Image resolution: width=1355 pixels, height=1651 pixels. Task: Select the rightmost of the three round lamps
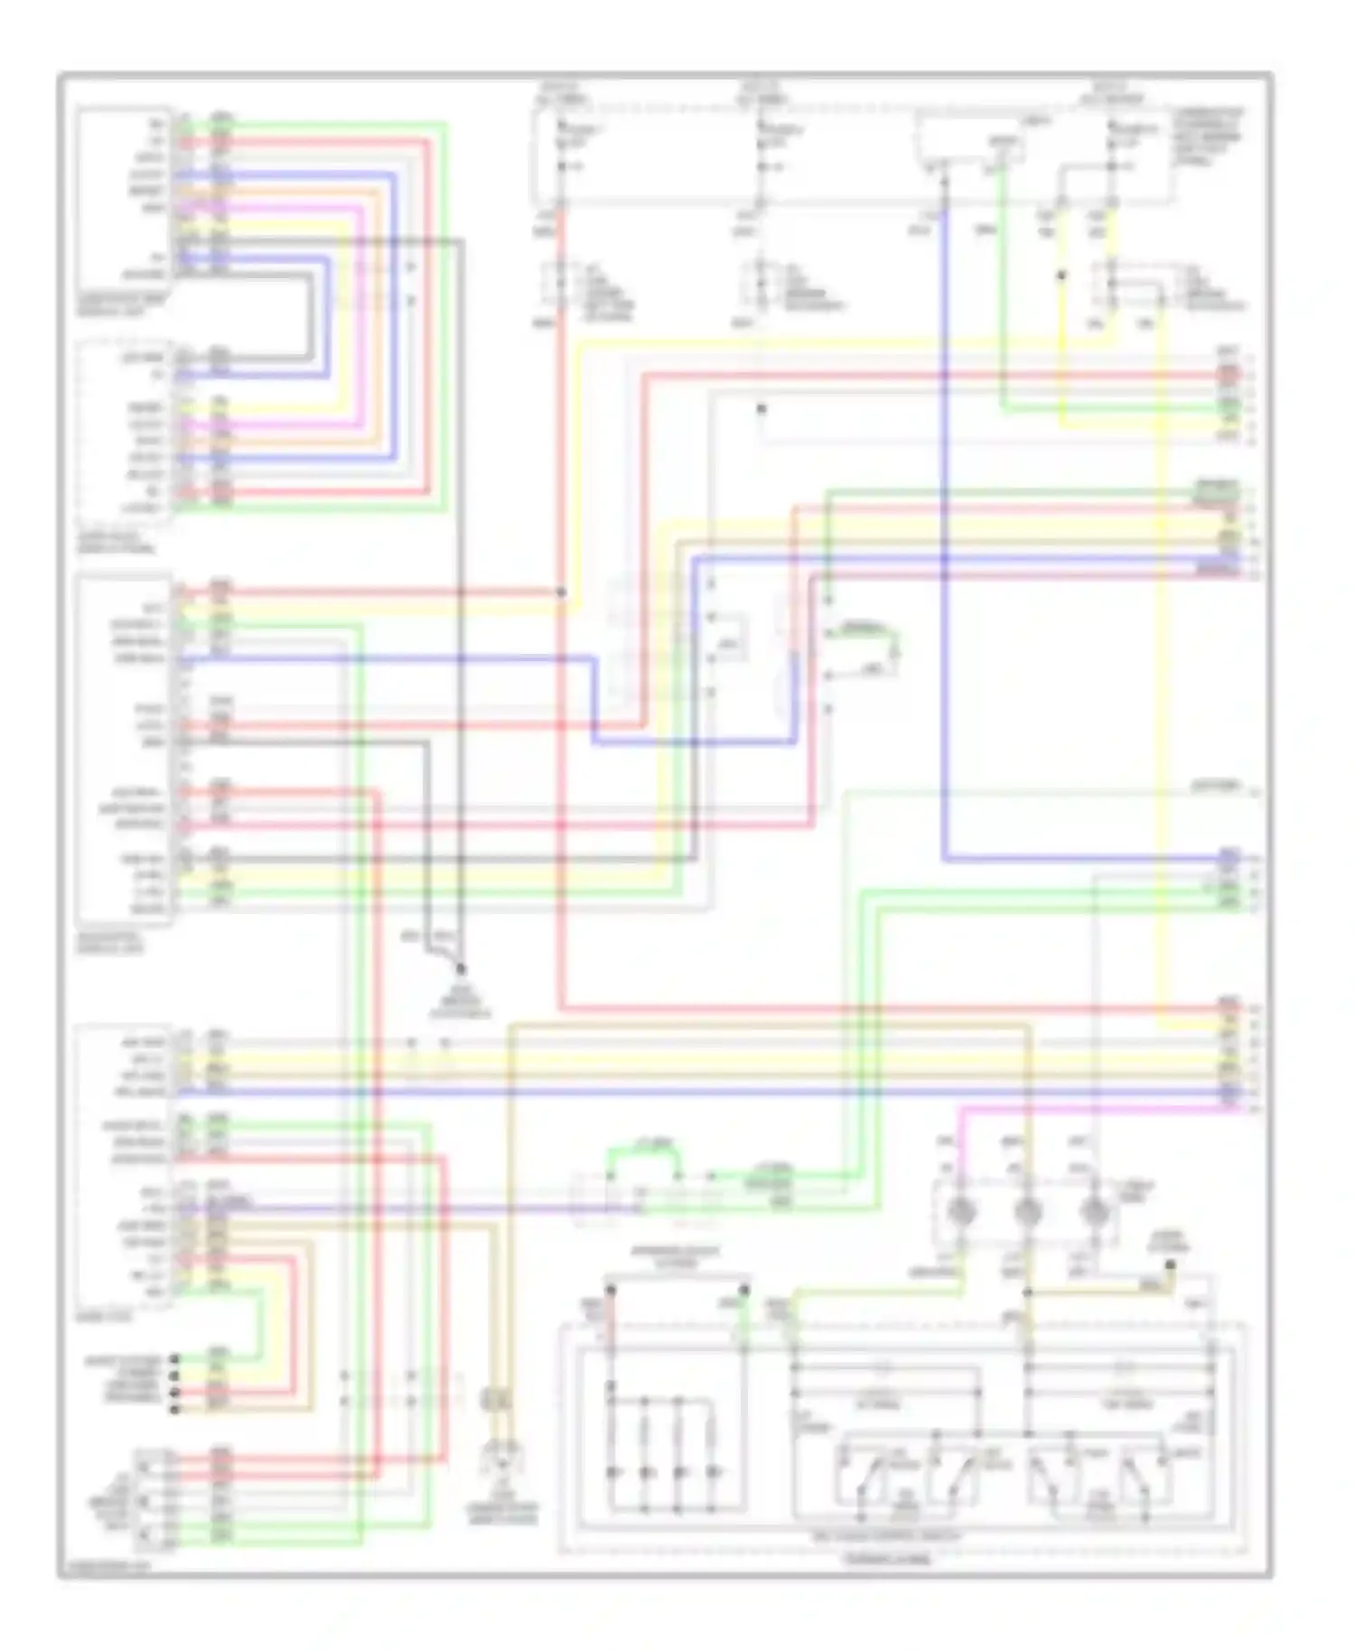pyautogui.click(x=1094, y=1210)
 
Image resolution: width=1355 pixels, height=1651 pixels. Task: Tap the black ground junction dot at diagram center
pyautogui.click(x=461, y=969)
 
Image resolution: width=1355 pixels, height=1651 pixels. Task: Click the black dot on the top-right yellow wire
pyautogui.click(x=1061, y=276)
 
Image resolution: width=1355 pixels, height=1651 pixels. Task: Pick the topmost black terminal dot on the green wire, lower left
pyautogui.click(x=174, y=1358)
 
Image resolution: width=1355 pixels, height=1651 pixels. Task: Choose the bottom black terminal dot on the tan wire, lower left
pyautogui.click(x=174, y=1408)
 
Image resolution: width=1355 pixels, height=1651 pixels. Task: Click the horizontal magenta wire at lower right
pyautogui.click(x=1084, y=1108)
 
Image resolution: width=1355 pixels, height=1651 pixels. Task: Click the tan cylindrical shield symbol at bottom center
pyautogui.click(x=498, y=1399)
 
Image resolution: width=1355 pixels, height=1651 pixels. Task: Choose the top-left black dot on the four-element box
pyautogui.click(x=611, y=1292)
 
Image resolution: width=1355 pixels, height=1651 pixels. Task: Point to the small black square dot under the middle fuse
pyautogui.click(x=762, y=409)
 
